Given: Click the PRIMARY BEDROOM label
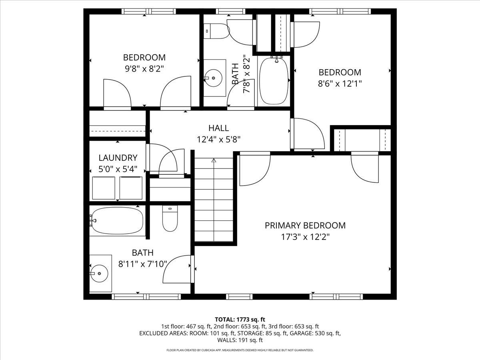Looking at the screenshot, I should [305, 226].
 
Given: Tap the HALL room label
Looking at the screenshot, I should [218, 128].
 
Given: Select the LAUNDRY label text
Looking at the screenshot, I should [118, 158].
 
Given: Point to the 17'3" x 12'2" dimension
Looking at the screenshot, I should [305, 237].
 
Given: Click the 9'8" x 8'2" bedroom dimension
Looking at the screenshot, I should [144, 68].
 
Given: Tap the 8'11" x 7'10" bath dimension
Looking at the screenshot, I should [142, 264].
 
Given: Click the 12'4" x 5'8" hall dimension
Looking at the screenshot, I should [218, 139].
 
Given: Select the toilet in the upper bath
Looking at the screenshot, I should [216, 31].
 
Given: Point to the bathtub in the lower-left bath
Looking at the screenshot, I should [116, 220].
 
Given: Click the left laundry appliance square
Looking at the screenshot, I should [104, 188].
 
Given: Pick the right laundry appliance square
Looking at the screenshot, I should [131, 188].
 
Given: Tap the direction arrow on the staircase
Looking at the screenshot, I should [214, 161].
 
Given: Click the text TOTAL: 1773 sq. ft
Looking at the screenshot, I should [240, 319].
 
